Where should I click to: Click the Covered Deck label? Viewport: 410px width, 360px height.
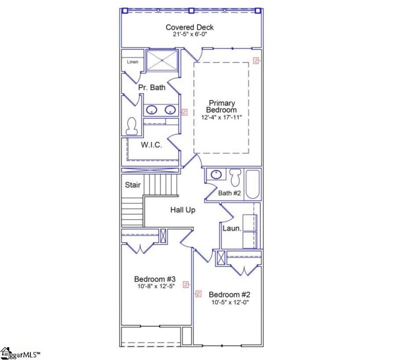coord(190,27)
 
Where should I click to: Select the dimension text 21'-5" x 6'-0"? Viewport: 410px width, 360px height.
coord(190,35)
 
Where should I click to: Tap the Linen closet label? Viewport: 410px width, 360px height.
coord(133,62)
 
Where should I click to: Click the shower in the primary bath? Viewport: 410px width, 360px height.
coord(161,61)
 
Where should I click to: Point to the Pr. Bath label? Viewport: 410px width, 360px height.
coord(152,88)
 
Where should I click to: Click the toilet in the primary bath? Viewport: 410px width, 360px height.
coord(132,126)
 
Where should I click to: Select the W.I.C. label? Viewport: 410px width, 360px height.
coord(151,145)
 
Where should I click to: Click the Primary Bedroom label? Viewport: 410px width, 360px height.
coord(221,107)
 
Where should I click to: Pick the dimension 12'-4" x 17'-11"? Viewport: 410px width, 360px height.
coord(221,117)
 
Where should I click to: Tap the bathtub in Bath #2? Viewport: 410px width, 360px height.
coord(253,184)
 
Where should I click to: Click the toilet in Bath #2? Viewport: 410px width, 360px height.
coord(236,177)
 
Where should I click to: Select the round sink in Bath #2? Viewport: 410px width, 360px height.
coord(216,175)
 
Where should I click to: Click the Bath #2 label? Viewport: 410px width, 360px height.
coord(229,193)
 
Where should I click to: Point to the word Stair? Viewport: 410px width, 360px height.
coord(133,185)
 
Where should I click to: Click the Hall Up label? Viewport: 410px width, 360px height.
coord(183,209)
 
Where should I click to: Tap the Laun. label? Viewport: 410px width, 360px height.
coord(232,228)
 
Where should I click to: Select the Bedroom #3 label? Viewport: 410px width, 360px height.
coord(155,279)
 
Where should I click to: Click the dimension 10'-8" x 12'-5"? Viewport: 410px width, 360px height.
coord(155,286)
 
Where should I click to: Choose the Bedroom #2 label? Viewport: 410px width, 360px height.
coord(229,294)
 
